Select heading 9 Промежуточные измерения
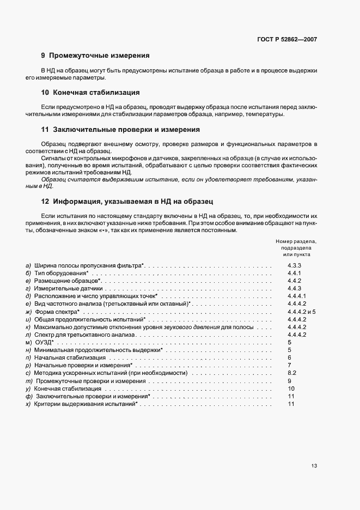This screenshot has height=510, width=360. pyautogui.click(x=95, y=56)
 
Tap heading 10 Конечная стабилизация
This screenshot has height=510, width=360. pyautogui.click(x=90, y=93)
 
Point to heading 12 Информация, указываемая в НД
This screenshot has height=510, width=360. pyautogui.click(x=130, y=201)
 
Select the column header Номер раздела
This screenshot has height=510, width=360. pyautogui.click(x=296, y=241)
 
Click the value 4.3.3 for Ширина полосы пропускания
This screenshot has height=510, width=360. pyautogui.click(x=295, y=265)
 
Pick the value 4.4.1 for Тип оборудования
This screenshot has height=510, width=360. pyautogui.click(x=295, y=272)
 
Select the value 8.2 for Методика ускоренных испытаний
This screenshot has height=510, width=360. pyautogui.click(x=291, y=373)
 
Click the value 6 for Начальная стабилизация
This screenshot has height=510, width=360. pyautogui.click(x=290, y=357)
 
